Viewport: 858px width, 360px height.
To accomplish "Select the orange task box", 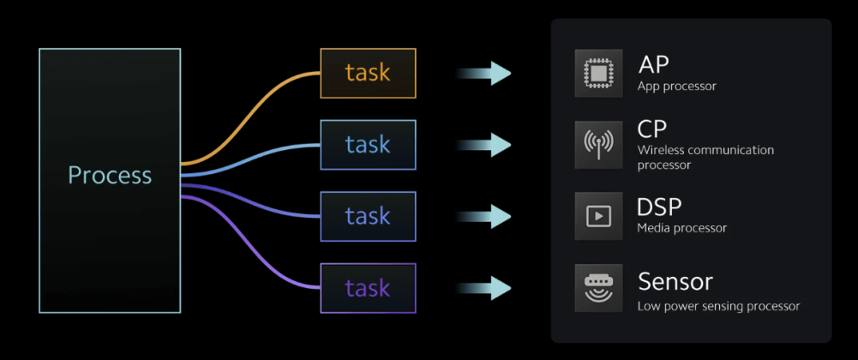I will pos(368,73).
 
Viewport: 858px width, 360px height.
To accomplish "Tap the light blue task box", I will pos(368,144).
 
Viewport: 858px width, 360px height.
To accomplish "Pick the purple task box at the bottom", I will pos(368,288).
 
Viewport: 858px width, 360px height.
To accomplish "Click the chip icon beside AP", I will pos(598,73).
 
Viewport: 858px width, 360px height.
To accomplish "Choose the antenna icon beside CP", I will pos(598,144).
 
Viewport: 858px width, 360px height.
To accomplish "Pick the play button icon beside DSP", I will pos(598,216).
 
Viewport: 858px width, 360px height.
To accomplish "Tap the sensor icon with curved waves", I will pos(598,288).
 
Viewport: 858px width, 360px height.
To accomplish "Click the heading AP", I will pos(654,64).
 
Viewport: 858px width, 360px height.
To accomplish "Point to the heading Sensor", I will pos(675,281).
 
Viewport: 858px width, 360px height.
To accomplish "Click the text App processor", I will pos(676,86).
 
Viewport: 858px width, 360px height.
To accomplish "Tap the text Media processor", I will pos(681,228).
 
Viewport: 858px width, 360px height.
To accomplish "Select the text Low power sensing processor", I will pos(718,306).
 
